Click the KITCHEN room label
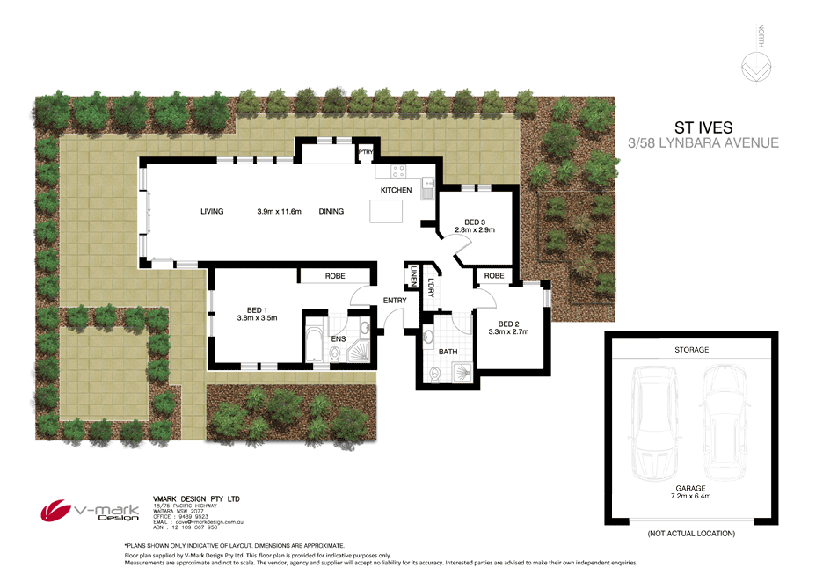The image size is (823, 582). (x=396, y=191)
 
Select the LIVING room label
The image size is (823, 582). (x=212, y=211)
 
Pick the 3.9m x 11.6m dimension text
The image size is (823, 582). (x=280, y=211)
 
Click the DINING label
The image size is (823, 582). (x=331, y=211)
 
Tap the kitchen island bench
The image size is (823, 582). (x=386, y=212)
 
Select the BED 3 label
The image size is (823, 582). (x=475, y=221)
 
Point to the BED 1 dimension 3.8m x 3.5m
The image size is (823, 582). (x=257, y=318)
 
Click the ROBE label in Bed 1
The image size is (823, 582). (x=335, y=275)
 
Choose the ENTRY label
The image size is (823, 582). (x=395, y=301)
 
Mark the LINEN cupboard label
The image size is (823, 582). (x=411, y=278)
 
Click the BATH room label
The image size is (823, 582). (x=447, y=352)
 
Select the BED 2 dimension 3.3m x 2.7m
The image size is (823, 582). (x=506, y=331)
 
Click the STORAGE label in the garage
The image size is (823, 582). (x=691, y=349)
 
